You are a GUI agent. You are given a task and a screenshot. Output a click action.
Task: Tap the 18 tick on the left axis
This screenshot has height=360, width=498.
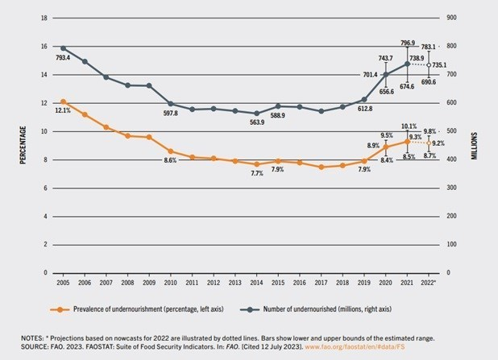(44, 18)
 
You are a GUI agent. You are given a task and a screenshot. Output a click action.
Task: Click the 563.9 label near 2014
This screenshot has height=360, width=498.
(256, 124)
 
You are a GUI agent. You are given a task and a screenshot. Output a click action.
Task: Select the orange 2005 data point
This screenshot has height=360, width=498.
(62, 101)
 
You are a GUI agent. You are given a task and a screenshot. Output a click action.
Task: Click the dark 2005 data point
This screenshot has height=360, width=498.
(62, 48)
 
